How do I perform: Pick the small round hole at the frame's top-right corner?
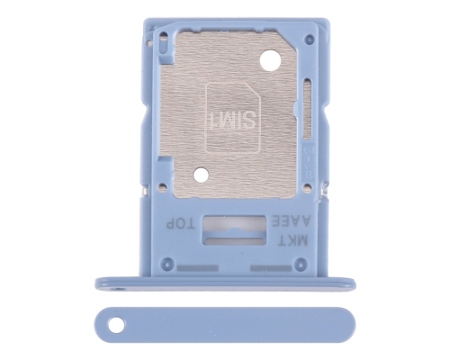[308, 43]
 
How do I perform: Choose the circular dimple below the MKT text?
[304, 263]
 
